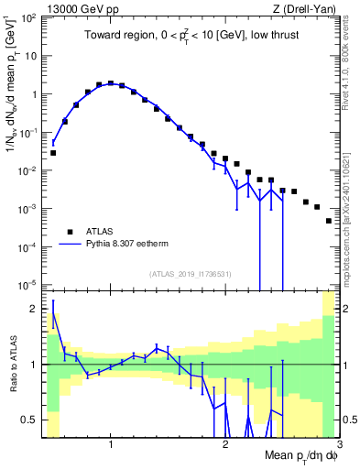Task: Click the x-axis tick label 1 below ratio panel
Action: (x=111, y=445)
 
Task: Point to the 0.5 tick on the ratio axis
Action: (x=31, y=420)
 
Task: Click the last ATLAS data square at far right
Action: (x=328, y=221)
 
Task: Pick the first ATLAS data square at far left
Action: (x=53, y=153)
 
